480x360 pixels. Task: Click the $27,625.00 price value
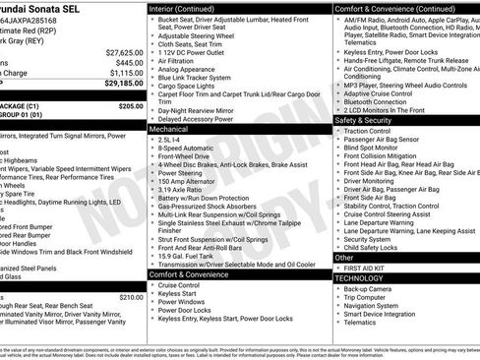124,51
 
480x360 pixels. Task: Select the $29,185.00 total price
124,85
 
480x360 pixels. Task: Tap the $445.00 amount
129,62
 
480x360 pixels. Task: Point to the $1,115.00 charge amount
126,73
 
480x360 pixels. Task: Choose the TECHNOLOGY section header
359,278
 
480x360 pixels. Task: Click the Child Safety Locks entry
374,247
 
